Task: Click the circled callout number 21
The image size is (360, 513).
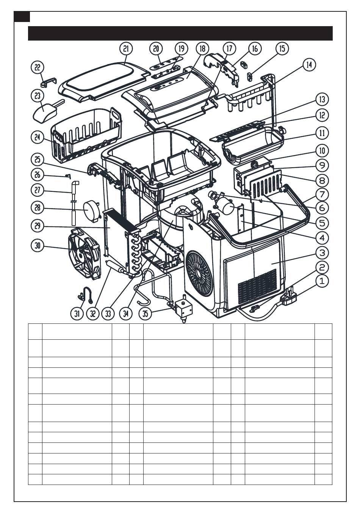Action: point(126,49)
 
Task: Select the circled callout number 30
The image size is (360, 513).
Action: point(37,246)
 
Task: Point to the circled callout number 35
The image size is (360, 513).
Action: point(146,313)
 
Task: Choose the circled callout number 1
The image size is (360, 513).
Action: point(322,281)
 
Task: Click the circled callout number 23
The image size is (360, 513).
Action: point(37,96)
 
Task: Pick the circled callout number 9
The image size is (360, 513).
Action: point(322,165)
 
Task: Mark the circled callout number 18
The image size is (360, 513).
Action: point(202,49)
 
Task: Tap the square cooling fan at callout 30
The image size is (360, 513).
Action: point(84,254)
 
